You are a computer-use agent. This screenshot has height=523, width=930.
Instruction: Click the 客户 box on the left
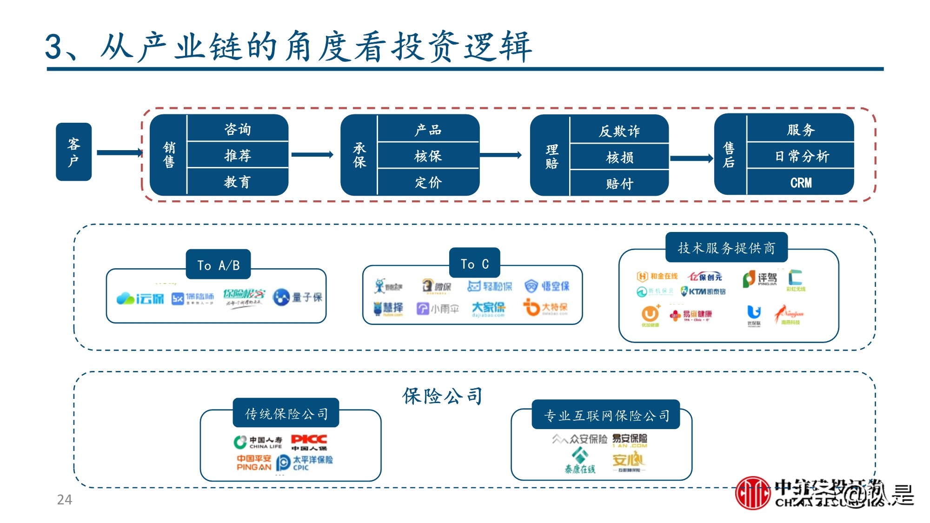(73, 152)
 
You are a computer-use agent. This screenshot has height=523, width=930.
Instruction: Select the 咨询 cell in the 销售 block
(238, 129)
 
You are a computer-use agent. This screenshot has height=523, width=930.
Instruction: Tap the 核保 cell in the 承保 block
(428, 156)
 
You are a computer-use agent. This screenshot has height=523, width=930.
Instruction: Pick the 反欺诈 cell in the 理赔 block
(619, 131)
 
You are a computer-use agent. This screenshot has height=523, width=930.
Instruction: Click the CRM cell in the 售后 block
(800, 183)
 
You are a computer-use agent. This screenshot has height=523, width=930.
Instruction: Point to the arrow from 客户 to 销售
(119, 152)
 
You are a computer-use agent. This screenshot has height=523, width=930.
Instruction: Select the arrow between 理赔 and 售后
(691, 159)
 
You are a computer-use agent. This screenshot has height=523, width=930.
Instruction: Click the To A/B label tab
(218, 265)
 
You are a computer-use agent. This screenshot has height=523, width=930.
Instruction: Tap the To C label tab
(474, 264)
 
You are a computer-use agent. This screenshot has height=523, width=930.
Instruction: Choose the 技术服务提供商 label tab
(726, 248)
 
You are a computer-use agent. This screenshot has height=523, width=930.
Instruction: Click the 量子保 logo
(298, 297)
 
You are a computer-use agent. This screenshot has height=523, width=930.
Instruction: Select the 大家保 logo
(488, 308)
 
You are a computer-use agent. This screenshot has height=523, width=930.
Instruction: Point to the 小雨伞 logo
(438, 309)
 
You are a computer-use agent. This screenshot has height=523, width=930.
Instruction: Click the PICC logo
(309, 442)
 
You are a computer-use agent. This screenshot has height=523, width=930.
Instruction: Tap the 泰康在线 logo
(580, 461)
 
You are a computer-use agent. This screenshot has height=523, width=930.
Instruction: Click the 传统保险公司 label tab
(286, 413)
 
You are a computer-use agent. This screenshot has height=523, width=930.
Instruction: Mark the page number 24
(64, 500)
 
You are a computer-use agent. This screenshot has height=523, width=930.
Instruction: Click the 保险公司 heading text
(442, 396)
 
